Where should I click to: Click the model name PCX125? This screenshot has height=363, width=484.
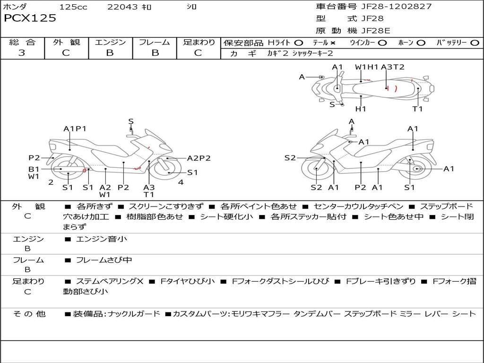pos(30,18)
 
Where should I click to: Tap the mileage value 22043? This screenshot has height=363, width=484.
pos(122,7)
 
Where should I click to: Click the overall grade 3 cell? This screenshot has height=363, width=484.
pos(22,53)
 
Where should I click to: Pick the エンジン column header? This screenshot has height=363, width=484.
pos(110,43)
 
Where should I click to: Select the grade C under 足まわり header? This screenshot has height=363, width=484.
pos(198,53)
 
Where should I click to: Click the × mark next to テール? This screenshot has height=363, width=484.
pos(333,43)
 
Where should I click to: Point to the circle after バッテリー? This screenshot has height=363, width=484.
pos(475,43)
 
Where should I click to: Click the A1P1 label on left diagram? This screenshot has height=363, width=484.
pos(75,129)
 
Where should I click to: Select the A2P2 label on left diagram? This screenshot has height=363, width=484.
pos(199,158)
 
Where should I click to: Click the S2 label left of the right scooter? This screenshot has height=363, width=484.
pos(290,158)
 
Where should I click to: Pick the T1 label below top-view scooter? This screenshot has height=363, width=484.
pos(417,109)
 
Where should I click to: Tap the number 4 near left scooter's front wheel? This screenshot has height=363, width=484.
pos(181,182)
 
